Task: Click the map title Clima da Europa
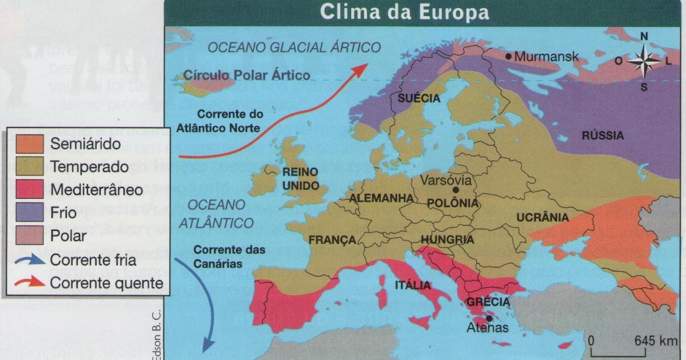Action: point(404,12)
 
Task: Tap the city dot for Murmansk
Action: point(508,56)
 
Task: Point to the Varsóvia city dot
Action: point(456,190)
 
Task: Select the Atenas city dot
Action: point(489,318)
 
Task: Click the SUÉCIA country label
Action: point(419,98)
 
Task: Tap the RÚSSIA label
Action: point(603,136)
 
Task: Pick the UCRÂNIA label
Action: point(543,217)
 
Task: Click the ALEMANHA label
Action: point(381,198)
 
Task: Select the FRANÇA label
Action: point(333,240)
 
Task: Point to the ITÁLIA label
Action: point(412,284)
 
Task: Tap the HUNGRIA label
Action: point(447,240)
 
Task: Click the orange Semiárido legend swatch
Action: point(30,143)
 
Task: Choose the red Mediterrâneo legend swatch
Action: point(30,189)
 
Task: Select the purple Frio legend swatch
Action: point(30,212)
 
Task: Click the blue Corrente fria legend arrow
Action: point(30,259)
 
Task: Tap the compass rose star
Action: point(644,61)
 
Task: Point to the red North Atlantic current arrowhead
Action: point(361,68)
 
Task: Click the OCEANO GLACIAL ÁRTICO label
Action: point(294,47)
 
